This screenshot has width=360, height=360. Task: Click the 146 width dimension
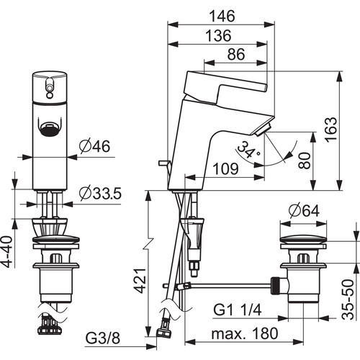(x=222, y=17)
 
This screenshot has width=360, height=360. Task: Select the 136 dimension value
(x=219, y=36)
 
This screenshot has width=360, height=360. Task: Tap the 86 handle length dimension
(x=236, y=54)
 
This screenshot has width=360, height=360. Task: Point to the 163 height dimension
(x=331, y=130)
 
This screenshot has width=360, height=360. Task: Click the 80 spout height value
(x=305, y=161)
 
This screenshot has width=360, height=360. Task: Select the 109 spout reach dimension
(x=225, y=168)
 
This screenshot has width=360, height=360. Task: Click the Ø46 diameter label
(x=95, y=145)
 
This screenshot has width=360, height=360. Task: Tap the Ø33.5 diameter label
(x=101, y=194)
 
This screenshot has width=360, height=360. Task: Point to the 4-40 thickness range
(x=7, y=252)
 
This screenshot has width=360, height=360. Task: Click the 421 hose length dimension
(x=140, y=281)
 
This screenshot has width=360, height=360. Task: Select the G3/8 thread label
(x=102, y=338)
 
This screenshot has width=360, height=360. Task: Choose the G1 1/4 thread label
(x=238, y=310)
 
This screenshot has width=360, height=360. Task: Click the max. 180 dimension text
(x=245, y=333)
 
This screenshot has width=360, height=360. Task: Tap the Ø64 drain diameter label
(x=304, y=212)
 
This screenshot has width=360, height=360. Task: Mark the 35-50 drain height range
(x=348, y=300)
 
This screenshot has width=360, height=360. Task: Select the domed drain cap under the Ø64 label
(x=303, y=240)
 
